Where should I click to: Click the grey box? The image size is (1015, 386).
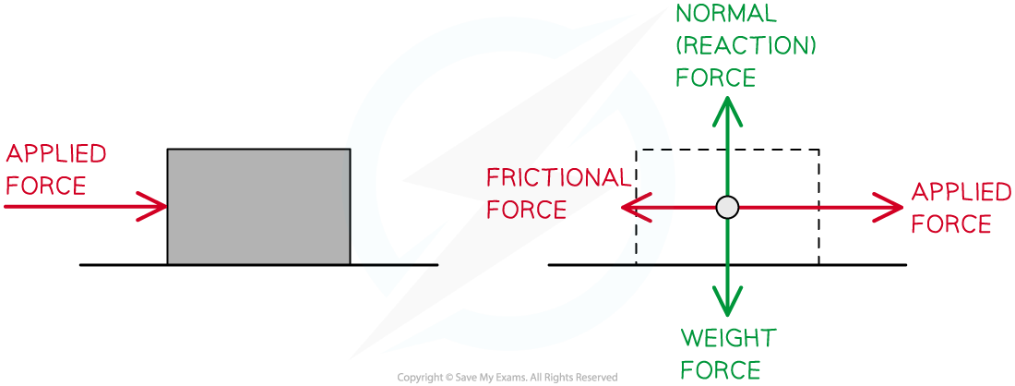point(258,207)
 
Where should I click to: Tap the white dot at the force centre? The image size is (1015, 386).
point(728,208)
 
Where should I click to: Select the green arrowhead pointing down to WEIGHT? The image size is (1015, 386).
point(729,303)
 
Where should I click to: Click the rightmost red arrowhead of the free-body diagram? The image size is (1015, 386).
point(891,208)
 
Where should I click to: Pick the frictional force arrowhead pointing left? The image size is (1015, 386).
point(631,208)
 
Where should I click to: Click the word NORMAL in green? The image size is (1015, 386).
point(726,15)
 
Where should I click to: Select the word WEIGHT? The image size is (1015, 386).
point(728,339)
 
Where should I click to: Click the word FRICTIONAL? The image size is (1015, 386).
point(558,177)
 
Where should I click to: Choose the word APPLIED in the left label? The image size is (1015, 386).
point(55,154)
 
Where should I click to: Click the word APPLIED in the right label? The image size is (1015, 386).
point(961,193)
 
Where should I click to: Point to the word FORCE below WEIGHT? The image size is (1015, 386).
point(721,370)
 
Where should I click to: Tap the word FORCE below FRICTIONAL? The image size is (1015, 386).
point(526,210)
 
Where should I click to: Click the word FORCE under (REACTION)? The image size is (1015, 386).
point(715,78)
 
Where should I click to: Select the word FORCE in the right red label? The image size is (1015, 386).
point(950,224)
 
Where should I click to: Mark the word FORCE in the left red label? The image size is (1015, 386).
point(45,186)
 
